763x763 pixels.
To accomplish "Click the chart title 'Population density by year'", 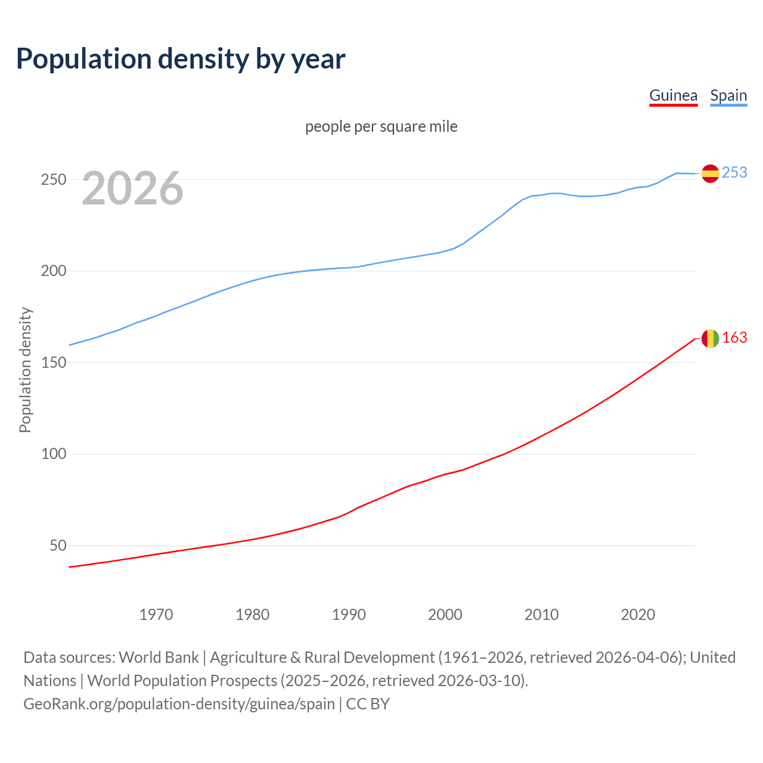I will [181, 59].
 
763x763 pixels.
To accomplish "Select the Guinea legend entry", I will [673, 95].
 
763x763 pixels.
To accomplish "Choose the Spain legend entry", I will [728, 95].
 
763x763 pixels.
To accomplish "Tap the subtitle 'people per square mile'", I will [381, 126].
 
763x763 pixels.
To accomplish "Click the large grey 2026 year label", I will [132, 188].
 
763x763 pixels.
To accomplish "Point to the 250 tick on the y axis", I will [54, 179].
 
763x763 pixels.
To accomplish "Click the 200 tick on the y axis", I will [54, 271].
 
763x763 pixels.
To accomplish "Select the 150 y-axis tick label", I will [54, 362].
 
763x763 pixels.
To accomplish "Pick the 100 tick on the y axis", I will [54, 454].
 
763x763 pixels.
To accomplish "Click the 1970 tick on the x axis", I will [156, 615].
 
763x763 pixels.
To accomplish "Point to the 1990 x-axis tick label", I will [349, 615].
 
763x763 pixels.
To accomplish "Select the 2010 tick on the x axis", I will [541, 615].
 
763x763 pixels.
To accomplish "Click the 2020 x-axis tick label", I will [638, 615].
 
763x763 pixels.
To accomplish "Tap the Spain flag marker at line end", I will [710, 173].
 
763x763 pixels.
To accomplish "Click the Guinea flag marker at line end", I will [710, 339].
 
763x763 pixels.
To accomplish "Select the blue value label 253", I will [734, 172].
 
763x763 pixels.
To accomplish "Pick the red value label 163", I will [734, 338].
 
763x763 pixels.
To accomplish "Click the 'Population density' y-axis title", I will [25, 370].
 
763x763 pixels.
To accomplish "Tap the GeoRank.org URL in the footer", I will [179, 704].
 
